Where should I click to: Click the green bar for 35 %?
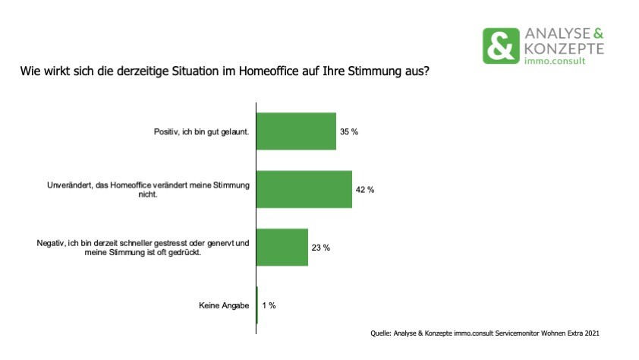tap(296, 131)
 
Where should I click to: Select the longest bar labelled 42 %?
tap(304, 189)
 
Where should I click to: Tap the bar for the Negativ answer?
tap(282, 247)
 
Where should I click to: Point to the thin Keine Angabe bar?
tap(257, 305)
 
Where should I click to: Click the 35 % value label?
tap(349, 131)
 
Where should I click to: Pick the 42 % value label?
tap(365, 190)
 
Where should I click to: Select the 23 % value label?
tap(321, 248)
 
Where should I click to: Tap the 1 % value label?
tap(269, 305)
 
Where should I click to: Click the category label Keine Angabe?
tap(224, 305)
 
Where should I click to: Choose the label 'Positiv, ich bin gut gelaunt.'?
tap(201, 131)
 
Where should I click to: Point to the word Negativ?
tap(51, 243)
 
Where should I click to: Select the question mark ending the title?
tap(427, 71)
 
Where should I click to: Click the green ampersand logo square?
tap(501, 46)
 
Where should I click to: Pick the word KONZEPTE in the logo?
tap(564, 49)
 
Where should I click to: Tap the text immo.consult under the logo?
tap(555, 61)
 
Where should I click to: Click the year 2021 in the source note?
tap(592, 333)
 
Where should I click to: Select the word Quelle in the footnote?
tap(381, 333)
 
